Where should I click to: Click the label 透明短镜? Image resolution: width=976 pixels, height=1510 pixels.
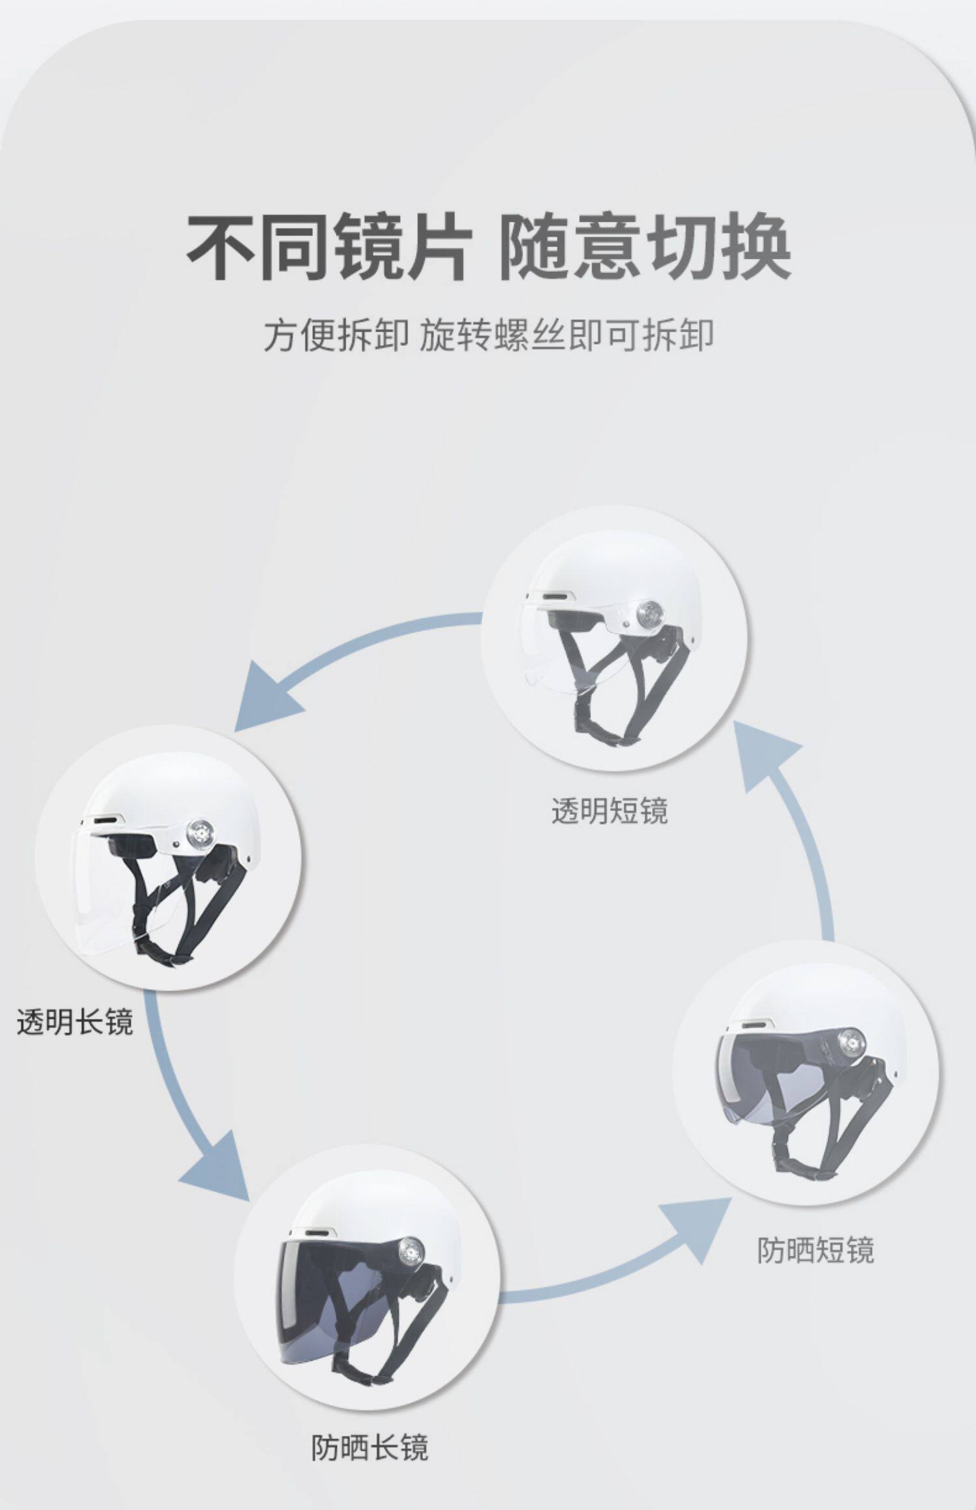[610, 811]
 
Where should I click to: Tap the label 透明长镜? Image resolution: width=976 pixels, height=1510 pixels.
[75, 1022]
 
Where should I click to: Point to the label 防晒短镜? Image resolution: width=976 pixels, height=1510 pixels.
[815, 1249]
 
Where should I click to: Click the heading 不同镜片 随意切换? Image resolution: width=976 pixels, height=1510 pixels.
[489, 247]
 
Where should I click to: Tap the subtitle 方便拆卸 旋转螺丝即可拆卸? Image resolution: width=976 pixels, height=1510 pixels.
[489, 336]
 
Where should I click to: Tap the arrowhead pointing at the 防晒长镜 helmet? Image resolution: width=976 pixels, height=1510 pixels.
[221, 1171]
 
